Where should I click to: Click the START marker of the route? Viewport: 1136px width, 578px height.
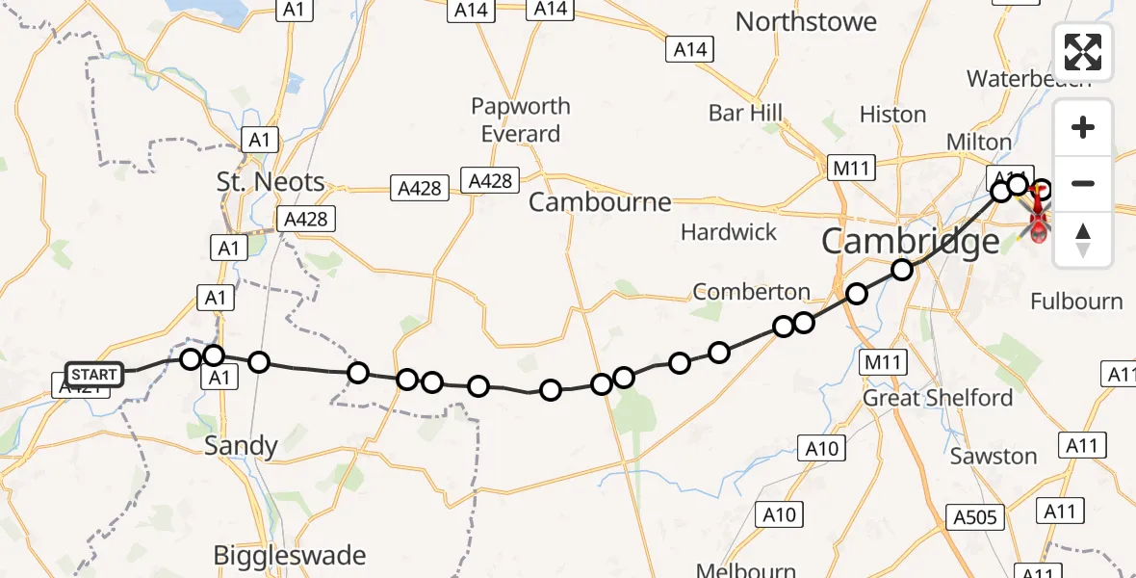(x=94, y=375)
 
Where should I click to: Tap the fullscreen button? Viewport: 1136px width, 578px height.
(x=1083, y=52)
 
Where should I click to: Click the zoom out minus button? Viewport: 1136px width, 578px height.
(x=1083, y=183)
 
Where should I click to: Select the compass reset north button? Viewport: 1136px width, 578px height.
(x=1083, y=239)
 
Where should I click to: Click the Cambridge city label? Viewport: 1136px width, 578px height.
(x=910, y=242)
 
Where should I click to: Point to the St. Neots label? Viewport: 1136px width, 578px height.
(x=271, y=181)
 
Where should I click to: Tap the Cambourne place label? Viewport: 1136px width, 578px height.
(x=599, y=202)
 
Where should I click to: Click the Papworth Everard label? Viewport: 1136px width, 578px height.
(x=521, y=119)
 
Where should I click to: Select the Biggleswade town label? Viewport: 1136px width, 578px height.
(x=290, y=556)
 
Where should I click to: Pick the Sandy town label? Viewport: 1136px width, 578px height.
(x=241, y=446)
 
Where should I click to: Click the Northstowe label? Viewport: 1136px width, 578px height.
(x=806, y=22)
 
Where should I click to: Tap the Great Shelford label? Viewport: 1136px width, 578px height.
(x=938, y=398)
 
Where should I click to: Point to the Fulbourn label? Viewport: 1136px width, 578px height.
(x=1076, y=302)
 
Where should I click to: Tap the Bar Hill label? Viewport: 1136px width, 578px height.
(x=745, y=113)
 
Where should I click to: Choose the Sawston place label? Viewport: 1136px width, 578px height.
(x=994, y=457)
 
